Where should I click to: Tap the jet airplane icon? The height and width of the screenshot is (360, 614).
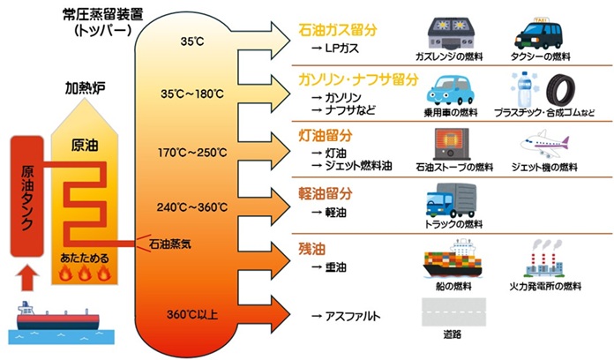(546, 143)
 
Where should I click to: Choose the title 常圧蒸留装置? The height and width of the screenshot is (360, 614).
(91, 14)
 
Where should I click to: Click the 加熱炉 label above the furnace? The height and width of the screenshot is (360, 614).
(82, 88)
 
